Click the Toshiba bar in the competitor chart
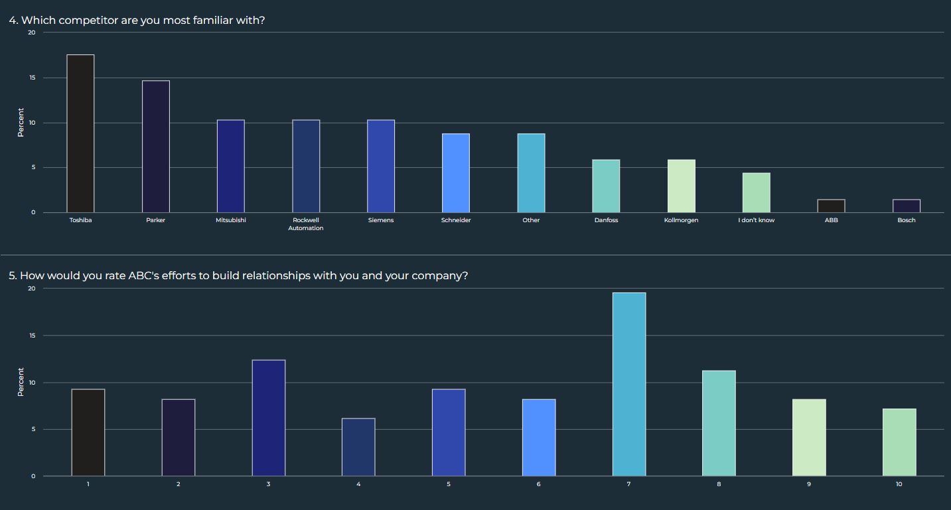(x=80, y=133)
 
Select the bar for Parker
(x=155, y=147)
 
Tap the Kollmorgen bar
(x=681, y=186)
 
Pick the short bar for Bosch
(x=906, y=206)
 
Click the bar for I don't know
(x=756, y=193)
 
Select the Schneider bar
(x=456, y=173)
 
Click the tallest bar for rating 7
(x=628, y=384)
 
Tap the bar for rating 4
(x=358, y=447)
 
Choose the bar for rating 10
(x=899, y=442)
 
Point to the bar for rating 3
(x=268, y=418)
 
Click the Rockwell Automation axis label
(x=305, y=224)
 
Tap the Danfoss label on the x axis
(x=606, y=220)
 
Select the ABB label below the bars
(x=831, y=220)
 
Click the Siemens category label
(x=381, y=220)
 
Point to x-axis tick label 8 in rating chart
(x=719, y=484)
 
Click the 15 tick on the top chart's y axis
(x=31, y=78)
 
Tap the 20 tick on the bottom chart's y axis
(x=31, y=288)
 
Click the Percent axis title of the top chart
(x=21, y=123)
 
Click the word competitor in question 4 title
(x=88, y=21)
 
